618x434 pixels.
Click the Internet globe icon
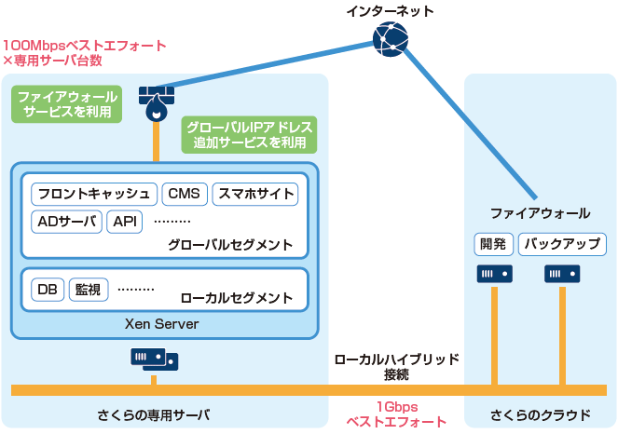(x=389, y=38)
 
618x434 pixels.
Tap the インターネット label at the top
(x=390, y=11)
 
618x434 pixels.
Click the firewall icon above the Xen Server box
(x=156, y=101)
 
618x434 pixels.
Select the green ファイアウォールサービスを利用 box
(x=66, y=104)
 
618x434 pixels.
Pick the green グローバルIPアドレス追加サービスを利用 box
(x=250, y=135)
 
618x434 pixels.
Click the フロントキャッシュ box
(x=93, y=195)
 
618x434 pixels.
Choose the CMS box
(x=184, y=195)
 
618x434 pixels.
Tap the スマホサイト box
(x=255, y=195)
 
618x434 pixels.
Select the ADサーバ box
(x=66, y=222)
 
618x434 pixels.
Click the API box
(x=124, y=222)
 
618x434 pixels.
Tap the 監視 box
(x=89, y=289)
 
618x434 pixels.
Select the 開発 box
(x=492, y=244)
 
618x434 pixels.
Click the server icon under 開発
(x=494, y=275)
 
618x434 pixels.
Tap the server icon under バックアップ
(x=562, y=275)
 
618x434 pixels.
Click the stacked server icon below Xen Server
(x=155, y=359)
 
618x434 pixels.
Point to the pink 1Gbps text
(x=396, y=407)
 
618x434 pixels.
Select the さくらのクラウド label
(x=540, y=414)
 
